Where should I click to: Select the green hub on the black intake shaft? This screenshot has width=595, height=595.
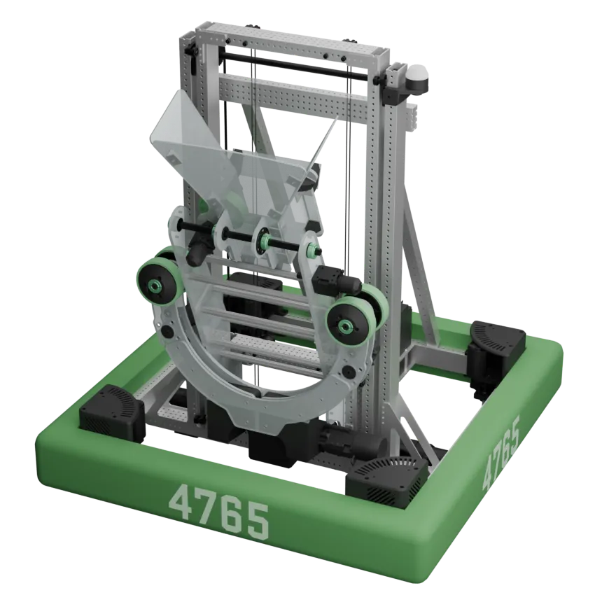pyautogui.click(x=265, y=243)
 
